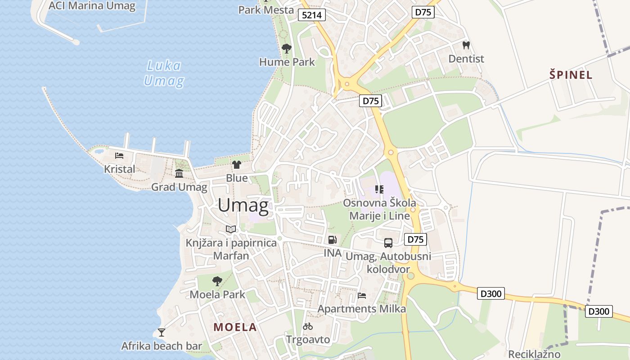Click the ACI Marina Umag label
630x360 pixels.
[92, 6]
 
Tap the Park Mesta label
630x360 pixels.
[266, 9]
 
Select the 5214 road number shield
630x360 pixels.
[312, 15]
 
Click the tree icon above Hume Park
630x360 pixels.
[286, 49]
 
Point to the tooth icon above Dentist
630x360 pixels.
[466, 45]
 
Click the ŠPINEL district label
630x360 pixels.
[571, 75]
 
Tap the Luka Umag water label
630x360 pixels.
[164, 73]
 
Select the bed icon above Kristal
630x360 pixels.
[119, 156]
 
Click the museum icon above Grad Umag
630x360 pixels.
[179, 173]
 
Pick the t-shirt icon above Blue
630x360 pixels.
[237, 165]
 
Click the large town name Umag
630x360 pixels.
[243, 206]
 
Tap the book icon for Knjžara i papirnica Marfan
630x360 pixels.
[231, 229]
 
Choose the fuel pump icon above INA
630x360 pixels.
[333, 240]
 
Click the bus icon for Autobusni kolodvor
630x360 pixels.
[388, 243]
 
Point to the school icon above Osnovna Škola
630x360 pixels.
[379, 189]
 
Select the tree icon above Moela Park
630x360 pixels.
[217, 281]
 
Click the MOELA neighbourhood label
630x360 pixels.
[235, 327]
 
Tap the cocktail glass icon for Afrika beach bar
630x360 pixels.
[162, 333]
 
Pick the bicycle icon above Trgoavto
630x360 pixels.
[308, 326]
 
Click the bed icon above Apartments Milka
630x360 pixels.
[362, 296]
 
